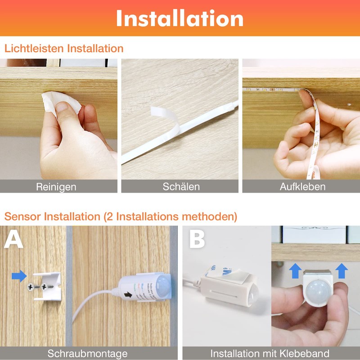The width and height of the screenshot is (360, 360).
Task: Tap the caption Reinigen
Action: click(x=56, y=187)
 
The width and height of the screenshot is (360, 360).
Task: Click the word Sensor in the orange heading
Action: click(x=23, y=216)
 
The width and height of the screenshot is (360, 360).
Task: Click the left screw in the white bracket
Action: click(x=31, y=286)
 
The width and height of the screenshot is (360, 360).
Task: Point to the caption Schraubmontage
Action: click(x=87, y=353)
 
